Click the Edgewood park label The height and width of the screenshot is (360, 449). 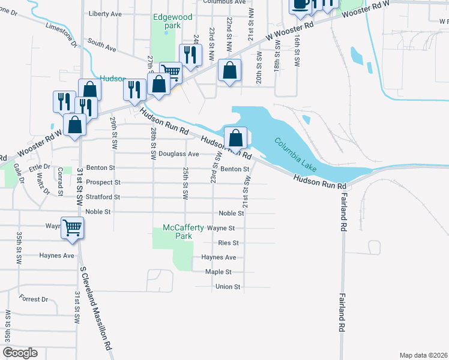(172, 21)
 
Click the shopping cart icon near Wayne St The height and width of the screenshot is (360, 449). (72, 228)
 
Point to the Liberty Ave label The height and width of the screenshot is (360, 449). (105, 13)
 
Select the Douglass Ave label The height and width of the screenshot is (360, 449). (184, 154)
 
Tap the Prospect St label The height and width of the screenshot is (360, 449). (103, 182)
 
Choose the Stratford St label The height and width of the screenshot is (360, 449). (103, 197)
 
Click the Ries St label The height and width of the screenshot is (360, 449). (229, 243)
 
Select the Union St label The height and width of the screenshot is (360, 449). (228, 287)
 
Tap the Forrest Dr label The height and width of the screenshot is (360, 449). (33, 299)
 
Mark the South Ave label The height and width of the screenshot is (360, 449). (100, 44)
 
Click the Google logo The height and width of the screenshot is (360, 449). (20, 353)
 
